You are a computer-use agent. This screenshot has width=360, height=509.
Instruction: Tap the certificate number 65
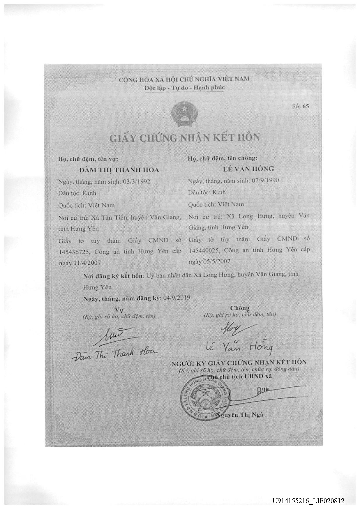coord(306,106)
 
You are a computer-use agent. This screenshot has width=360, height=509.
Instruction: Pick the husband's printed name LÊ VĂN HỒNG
coord(249,168)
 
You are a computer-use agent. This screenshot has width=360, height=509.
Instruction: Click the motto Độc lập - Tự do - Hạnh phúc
coord(185,88)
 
